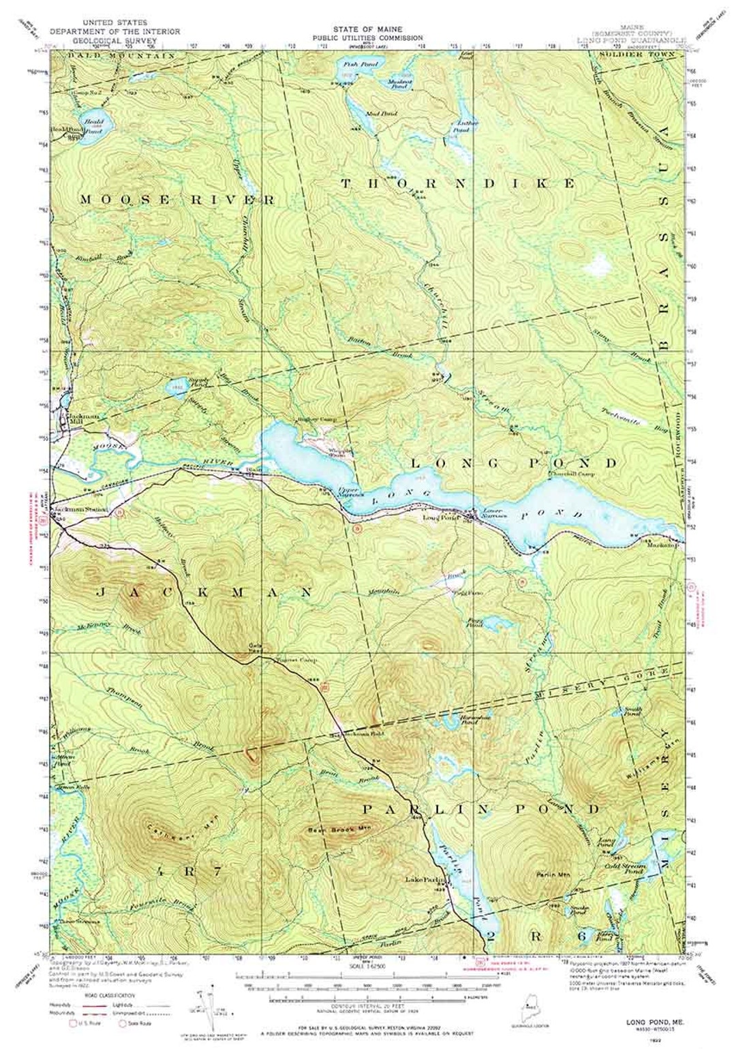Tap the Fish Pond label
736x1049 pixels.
pos(351,63)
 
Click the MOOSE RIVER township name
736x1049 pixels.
pos(177,200)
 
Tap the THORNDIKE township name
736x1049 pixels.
pos(458,183)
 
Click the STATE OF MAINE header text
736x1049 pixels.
pos(368,29)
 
